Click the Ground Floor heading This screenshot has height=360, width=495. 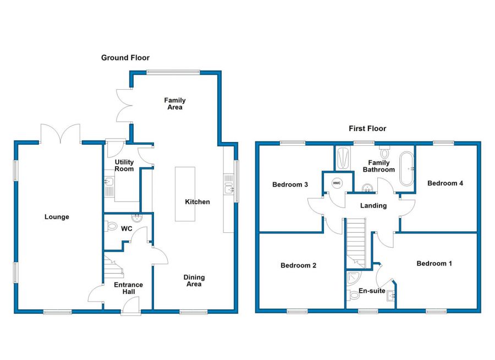[x=125, y=58]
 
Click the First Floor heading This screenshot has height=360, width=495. [x=367, y=129]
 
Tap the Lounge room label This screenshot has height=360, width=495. [x=57, y=217]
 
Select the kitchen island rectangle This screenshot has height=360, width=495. [x=185, y=194]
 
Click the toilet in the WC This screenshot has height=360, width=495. [x=111, y=226]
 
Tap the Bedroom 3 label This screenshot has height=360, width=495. [x=290, y=185]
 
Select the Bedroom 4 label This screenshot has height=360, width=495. [x=445, y=183]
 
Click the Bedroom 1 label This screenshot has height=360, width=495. [x=434, y=264]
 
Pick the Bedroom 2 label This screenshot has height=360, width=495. [x=298, y=266]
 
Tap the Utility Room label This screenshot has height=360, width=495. [x=124, y=166]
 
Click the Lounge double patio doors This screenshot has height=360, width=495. [x=61, y=134]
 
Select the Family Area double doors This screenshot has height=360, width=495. [x=124, y=106]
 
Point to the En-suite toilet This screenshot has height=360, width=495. [x=354, y=296]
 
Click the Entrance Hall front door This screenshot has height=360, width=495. [x=131, y=307]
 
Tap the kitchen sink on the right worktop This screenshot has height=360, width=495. [x=229, y=189]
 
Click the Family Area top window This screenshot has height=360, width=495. [x=173, y=71]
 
